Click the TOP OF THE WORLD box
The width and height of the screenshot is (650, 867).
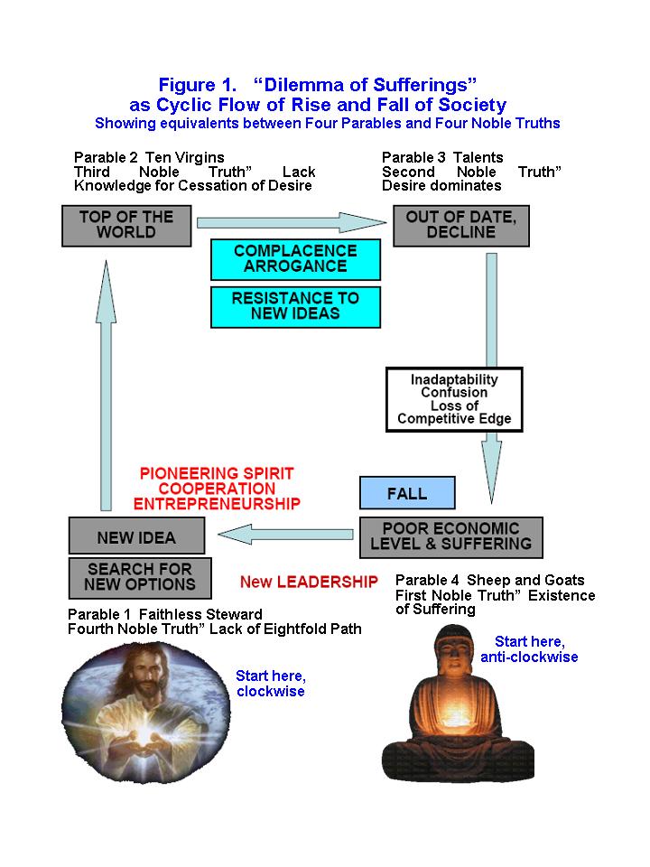tap(126, 225)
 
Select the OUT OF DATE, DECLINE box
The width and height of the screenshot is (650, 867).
tap(460, 225)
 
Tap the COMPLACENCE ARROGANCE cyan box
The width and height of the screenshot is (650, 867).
tap(295, 259)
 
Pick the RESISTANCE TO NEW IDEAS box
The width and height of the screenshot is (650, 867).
tap(295, 305)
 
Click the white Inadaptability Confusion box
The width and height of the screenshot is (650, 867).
tap(454, 399)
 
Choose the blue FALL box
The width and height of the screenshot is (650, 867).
tap(407, 494)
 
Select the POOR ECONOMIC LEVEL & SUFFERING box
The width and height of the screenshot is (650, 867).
tap(450, 536)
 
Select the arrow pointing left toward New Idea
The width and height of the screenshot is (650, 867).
tap(287, 536)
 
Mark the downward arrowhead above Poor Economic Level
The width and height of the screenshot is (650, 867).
tap(491, 470)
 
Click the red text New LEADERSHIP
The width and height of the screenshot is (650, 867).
tap(309, 582)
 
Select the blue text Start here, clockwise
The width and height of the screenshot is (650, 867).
tap(270, 683)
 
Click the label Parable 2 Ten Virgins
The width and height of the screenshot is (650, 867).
tap(149, 157)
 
